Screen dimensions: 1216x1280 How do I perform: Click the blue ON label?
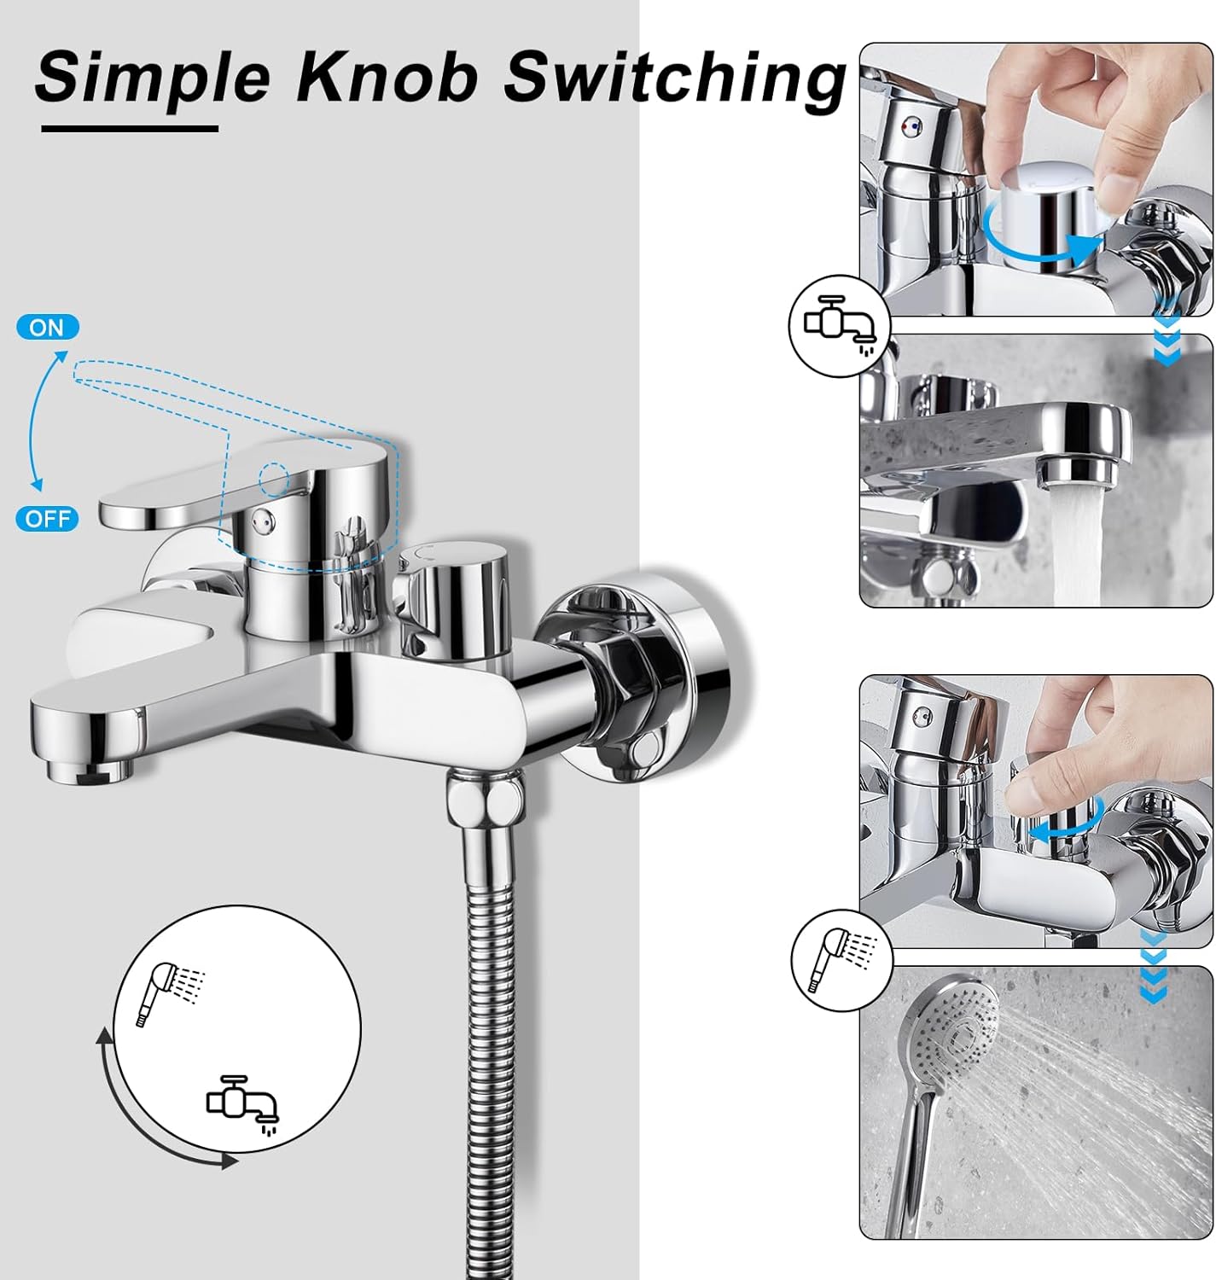48,327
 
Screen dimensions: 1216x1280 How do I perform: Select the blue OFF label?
48,519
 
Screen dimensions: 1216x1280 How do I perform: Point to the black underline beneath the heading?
130,129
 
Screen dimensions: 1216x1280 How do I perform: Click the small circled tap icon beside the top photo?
840,325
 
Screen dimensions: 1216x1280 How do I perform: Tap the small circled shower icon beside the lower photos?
841,960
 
